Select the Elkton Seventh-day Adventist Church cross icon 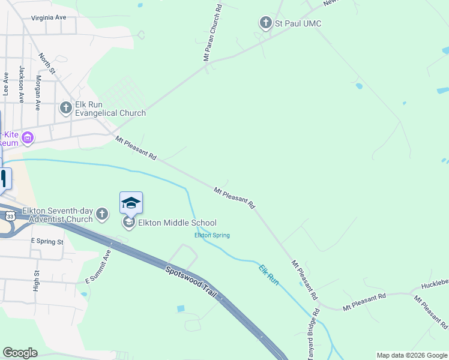[x=102, y=214]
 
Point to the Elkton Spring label [x=212, y=235]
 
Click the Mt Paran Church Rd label [x=212, y=33]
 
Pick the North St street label [x=47, y=64]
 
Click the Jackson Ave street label [x=22, y=84]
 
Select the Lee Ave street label [x=6, y=84]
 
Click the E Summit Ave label [x=98, y=267]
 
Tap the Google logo [x=20, y=353]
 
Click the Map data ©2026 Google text [x=412, y=355]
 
